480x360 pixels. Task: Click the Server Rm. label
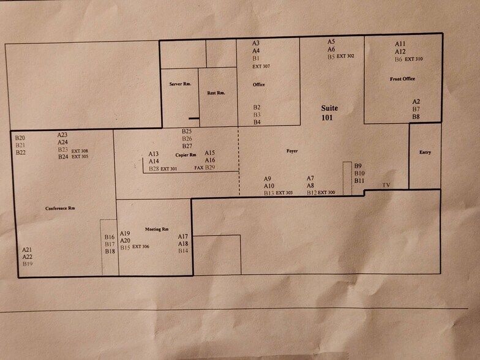click(x=180, y=84)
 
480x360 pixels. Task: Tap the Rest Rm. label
click(x=216, y=93)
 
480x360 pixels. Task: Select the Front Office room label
click(x=402, y=79)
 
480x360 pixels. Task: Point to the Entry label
click(x=425, y=152)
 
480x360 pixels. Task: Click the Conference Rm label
click(x=60, y=209)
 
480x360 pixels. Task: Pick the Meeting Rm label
click(x=156, y=229)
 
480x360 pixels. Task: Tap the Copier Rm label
click(x=186, y=155)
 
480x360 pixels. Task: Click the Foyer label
click(x=292, y=151)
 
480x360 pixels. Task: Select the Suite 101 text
click(x=329, y=113)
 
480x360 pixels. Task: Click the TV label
click(x=386, y=185)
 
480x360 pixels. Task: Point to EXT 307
click(x=261, y=66)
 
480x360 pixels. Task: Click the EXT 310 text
click(x=414, y=59)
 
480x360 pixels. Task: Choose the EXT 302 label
click(x=345, y=56)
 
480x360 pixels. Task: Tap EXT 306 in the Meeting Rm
click(x=141, y=247)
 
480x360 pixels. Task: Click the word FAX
click(x=198, y=168)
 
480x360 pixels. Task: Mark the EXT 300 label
click(x=327, y=193)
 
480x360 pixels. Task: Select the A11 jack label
click(x=400, y=44)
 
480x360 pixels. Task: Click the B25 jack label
click(x=187, y=132)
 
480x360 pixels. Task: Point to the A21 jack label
click(x=27, y=250)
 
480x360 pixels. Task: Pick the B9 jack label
click(x=358, y=166)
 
